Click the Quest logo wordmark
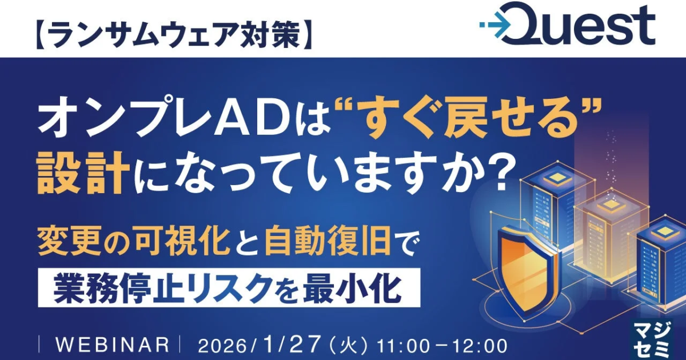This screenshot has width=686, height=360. pos(576,25)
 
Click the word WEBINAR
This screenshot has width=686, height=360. pos(113,345)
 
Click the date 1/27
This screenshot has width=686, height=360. pos(290,344)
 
